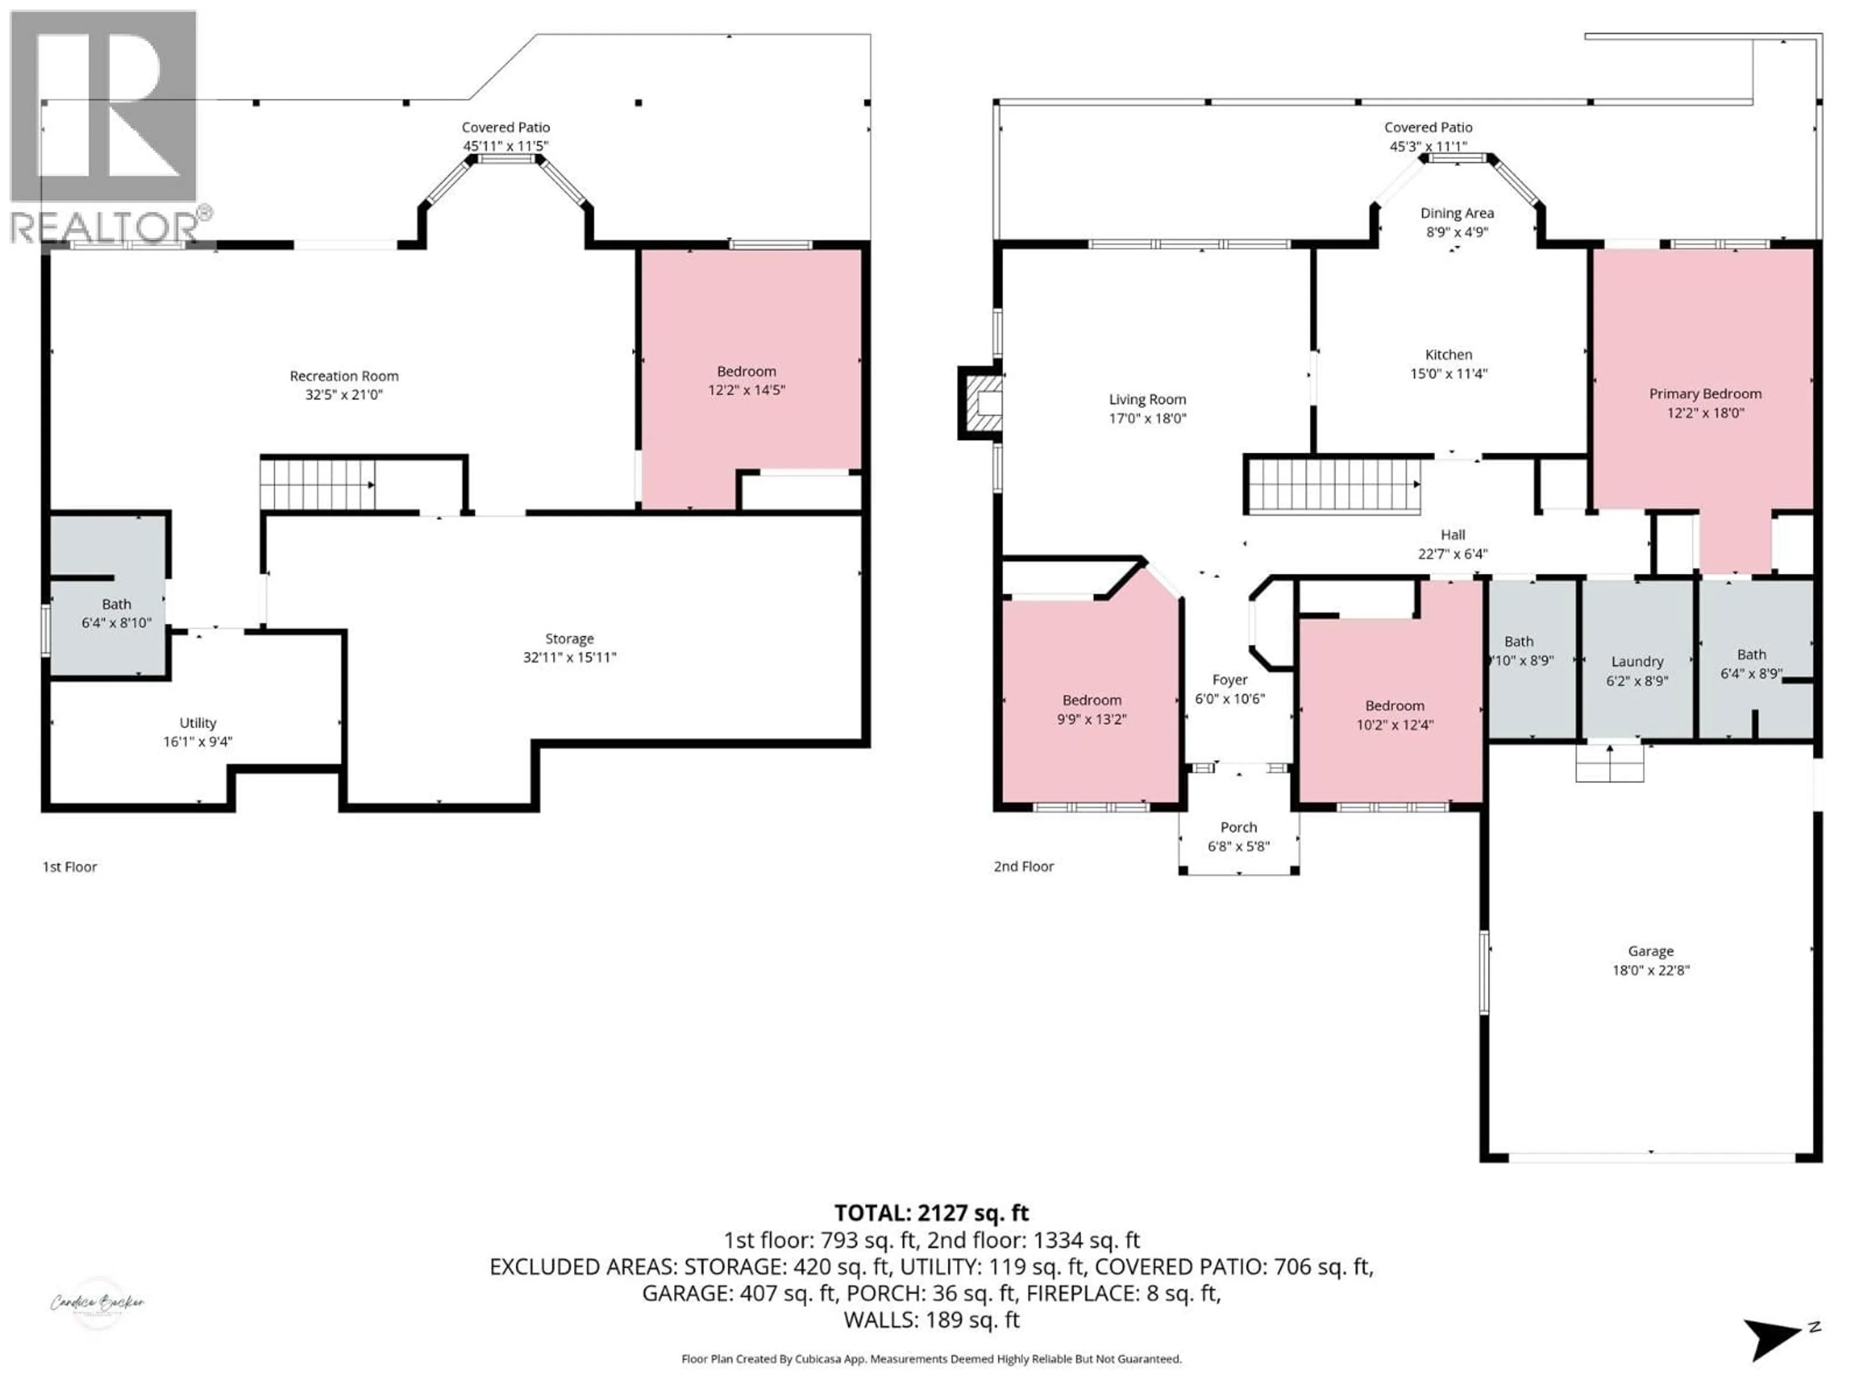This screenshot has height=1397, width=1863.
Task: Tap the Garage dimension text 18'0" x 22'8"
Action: (x=1651, y=970)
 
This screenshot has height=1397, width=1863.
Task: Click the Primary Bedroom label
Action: (x=1705, y=394)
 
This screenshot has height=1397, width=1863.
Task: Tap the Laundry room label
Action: (x=1637, y=662)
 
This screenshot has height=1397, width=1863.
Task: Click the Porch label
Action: (x=1238, y=828)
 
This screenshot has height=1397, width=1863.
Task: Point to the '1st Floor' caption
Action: (x=70, y=866)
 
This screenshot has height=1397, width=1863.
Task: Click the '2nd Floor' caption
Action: (x=1023, y=866)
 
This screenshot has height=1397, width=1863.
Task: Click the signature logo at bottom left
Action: (x=98, y=1303)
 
